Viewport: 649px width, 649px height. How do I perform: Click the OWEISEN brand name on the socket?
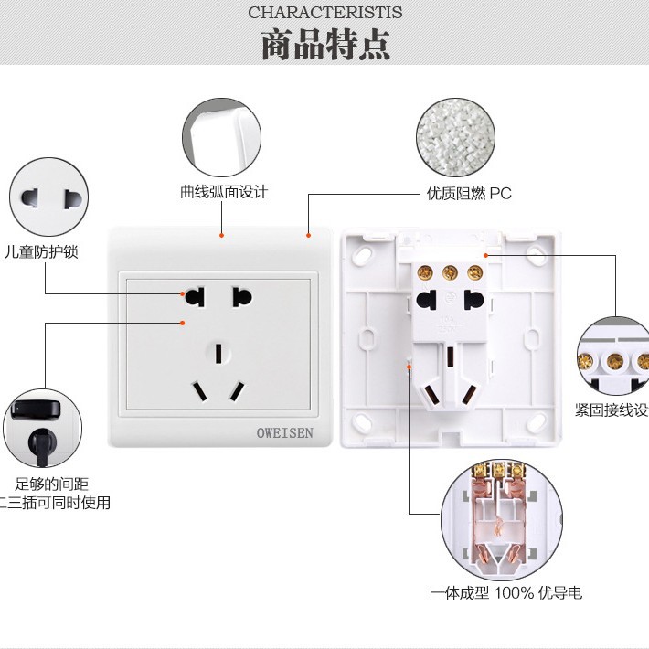[x=278, y=431]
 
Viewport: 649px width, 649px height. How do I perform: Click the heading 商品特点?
[x=324, y=45]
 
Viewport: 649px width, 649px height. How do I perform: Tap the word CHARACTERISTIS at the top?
[x=324, y=12]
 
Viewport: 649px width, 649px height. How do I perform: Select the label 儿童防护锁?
[x=41, y=251]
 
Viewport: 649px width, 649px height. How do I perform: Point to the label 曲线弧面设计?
[x=224, y=192]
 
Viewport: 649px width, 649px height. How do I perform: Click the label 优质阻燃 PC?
[x=469, y=193]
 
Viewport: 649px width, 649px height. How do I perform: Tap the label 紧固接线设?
[x=611, y=410]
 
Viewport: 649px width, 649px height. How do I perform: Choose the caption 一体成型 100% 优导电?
[x=506, y=593]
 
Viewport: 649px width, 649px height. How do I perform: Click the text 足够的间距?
[x=52, y=484]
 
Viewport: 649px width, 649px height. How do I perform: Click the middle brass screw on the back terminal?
[x=449, y=271]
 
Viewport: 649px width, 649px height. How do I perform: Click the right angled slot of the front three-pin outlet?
[x=237, y=391]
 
